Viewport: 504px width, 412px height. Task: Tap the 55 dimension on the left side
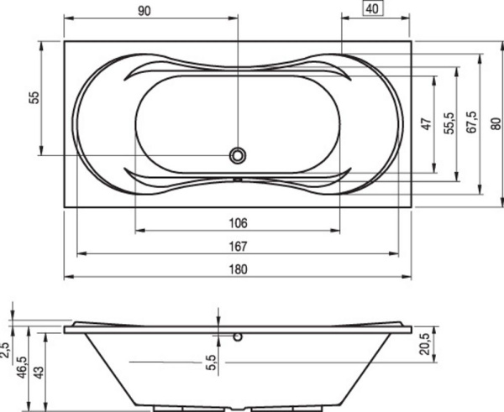[34, 97]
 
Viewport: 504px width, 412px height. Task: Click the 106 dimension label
[238, 223]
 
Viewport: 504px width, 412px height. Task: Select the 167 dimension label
[238, 247]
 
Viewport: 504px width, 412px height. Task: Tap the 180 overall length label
[239, 269]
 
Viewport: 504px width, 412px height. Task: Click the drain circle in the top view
[239, 154]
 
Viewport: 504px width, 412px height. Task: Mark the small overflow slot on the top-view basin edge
[239, 179]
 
